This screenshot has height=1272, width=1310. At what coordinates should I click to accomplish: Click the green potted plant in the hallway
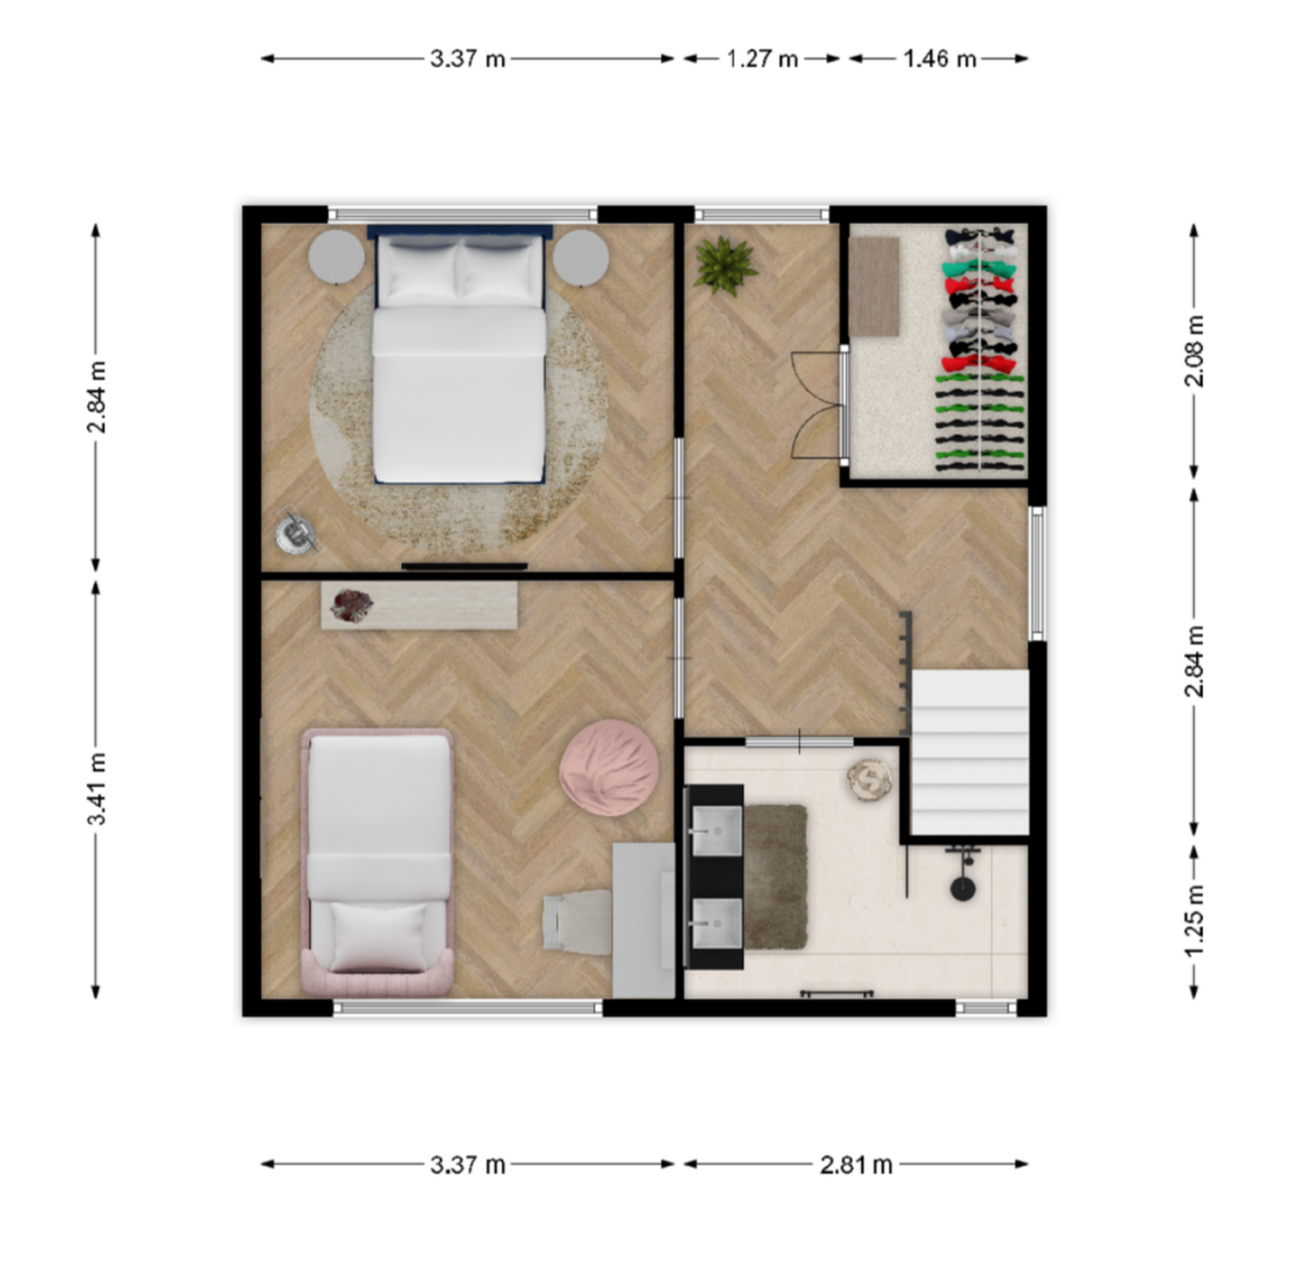coord(725,265)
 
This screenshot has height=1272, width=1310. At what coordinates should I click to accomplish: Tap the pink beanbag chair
coord(609,767)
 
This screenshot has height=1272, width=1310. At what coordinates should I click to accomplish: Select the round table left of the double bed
coord(336,257)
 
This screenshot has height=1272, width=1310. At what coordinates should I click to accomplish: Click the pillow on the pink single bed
coord(378,936)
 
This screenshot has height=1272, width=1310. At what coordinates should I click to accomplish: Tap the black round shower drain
coord(963,888)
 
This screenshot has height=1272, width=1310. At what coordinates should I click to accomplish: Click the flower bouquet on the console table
coord(352,605)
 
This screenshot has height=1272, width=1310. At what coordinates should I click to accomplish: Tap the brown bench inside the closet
coord(874,286)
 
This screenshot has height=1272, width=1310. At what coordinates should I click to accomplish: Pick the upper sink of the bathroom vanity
coord(716,831)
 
